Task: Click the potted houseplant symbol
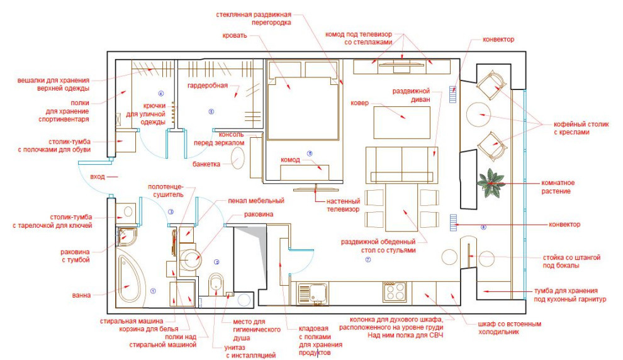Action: (x=491, y=183)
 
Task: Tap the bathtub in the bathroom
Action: (x=129, y=279)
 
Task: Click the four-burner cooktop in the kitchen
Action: (x=395, y=291)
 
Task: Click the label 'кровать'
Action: (x=235, y=36)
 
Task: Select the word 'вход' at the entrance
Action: (x=98, y=176)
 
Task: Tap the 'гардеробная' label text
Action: (x=208, y=86)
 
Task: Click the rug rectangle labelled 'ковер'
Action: (x=401, y=122)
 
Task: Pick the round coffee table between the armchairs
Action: (x=479, y=115)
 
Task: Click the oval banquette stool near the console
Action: (x=238, y=158)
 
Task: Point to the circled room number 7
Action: (x=368, y=259)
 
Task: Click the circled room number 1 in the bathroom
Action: (x=153, y=291)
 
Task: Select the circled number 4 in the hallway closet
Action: (x=161, y=94)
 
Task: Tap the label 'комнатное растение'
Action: (x=558, y=187)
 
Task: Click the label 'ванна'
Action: (x=81, y=295)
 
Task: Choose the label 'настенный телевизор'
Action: (x=343, y=205)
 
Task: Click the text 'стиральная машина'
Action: (x=132, y=321)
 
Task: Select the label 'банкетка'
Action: (x=206, y=164)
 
